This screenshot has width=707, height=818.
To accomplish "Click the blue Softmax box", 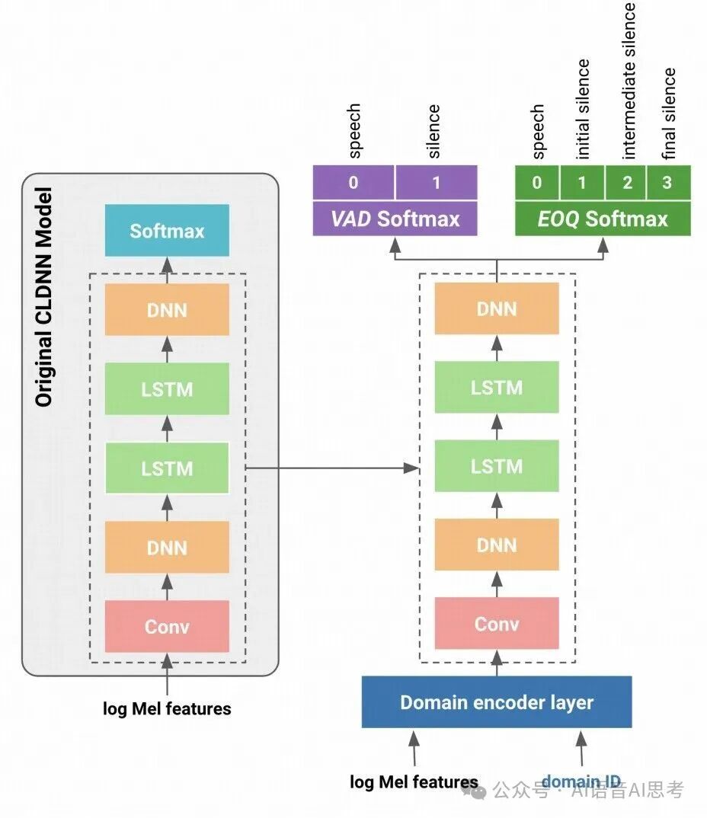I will (167, 231).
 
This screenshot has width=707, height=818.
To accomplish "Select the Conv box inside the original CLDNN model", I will (167, 626).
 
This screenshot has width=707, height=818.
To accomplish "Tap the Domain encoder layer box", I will (497, 701).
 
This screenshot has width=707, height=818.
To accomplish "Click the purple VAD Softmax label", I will (395, 219).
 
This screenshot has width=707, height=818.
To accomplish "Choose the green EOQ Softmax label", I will (603, 219).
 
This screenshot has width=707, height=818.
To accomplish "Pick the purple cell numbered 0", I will (353, 183).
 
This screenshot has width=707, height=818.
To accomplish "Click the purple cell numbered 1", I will (436, 183).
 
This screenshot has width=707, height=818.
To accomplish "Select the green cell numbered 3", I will (668, 183).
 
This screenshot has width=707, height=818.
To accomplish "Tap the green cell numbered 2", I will (626, 183).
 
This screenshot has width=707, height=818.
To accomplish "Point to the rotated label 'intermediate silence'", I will (629, 80).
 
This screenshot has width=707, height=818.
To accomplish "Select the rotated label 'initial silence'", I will (584, 108).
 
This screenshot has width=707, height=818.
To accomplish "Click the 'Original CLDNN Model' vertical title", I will (44, 296).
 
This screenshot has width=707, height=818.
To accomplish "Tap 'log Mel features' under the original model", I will (167, 709).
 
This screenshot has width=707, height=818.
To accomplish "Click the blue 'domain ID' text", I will (581, 782).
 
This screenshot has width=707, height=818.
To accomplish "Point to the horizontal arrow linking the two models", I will (333, 468).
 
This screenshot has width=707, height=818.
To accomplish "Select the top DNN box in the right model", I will (497, 309).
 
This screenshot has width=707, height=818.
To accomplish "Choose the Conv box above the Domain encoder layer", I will (497, 625).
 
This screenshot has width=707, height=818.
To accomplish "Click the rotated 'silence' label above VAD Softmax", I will (434, 131).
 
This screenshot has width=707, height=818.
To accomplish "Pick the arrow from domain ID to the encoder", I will (581, 749).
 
